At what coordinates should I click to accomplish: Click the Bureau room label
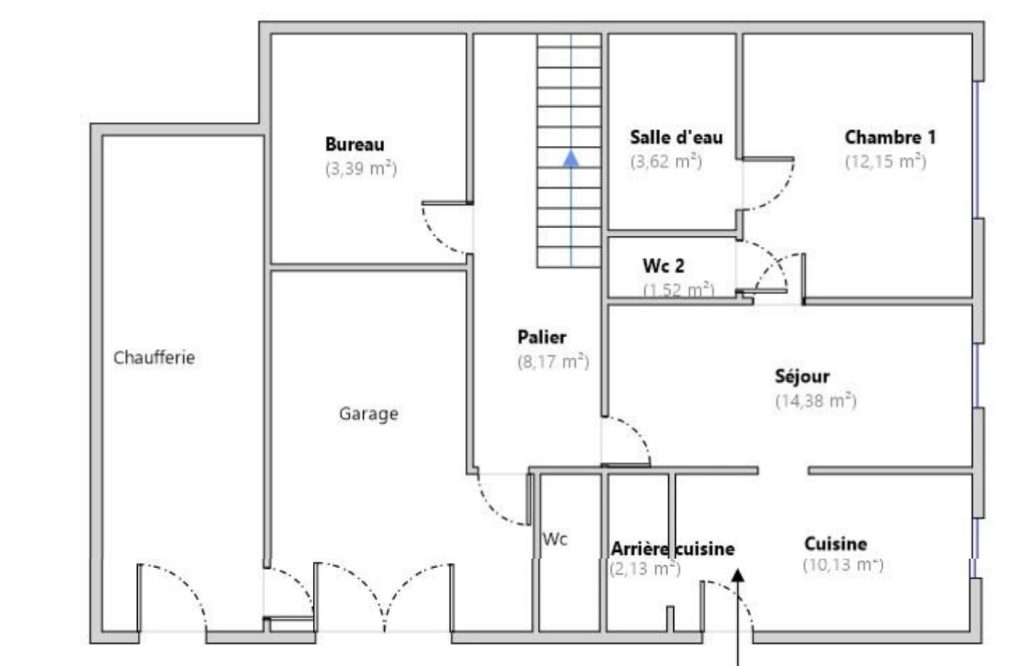(355, 144)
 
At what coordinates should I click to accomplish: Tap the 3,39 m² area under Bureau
(361, 169)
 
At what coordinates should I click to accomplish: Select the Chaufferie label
(154, 358)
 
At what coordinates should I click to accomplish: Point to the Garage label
(369, 414)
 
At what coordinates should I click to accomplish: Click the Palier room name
(542, 337)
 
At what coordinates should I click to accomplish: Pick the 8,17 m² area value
(553, 362)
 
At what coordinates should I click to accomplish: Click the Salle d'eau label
(677, 137)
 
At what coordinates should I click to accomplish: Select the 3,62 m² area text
(666, 161)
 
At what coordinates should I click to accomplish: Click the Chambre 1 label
(891, 137)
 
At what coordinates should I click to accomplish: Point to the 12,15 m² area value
(886, 161)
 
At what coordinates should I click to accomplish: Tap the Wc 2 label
(664, 265)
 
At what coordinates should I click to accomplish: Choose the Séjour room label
(802, 376)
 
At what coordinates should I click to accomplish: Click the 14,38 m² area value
(816, 401)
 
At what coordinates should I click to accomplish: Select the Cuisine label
(836, 544)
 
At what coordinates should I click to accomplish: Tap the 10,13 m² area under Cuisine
(843, 565)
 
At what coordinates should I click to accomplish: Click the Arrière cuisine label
(673, 549)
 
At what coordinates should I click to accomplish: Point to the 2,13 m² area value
(645, 569)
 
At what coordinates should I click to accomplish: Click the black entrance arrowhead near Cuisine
(737, 575)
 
